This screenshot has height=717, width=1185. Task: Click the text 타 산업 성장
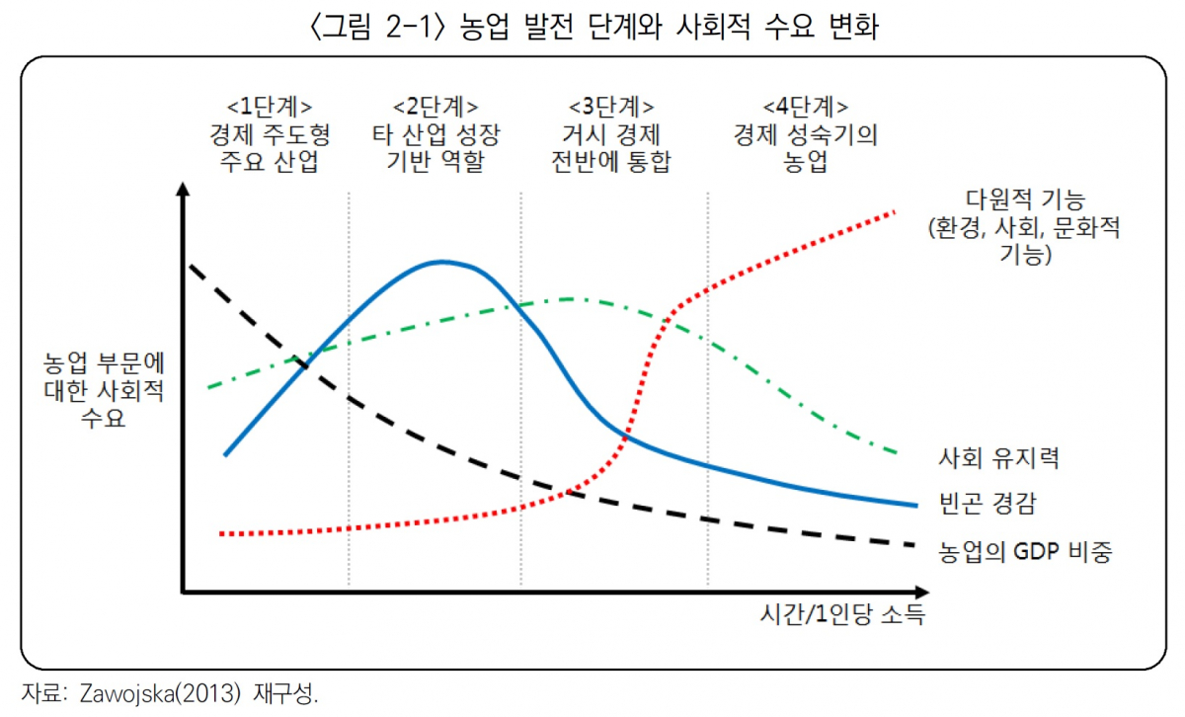click(x=435, y=134)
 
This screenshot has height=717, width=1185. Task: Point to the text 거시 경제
click(x=611, y=134)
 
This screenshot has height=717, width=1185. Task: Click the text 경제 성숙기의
click(x=805, y=134)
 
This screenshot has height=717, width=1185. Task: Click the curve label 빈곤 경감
click(x=977, y=504)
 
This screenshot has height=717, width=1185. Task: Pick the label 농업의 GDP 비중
click(x=1024, y=551)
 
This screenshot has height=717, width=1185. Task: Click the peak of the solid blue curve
click(x=443, y=262)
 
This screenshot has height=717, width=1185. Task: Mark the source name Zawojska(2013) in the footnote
click(x=135, y=693)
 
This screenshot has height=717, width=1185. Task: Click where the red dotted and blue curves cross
click(x=626, y=435)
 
